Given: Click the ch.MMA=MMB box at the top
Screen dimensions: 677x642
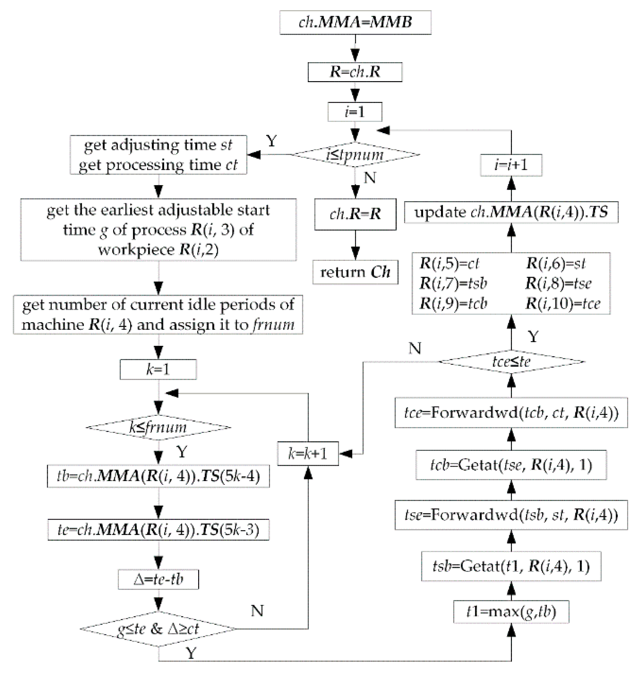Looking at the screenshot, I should tap(355, 22).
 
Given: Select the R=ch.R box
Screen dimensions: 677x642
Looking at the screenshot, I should tap(355, 72).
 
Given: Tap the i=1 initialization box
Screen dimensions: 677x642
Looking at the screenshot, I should tap(355, 112).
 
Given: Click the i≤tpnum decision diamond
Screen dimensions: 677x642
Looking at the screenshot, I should tap(355, 155).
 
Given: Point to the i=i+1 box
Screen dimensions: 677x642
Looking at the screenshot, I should tap(511, 165).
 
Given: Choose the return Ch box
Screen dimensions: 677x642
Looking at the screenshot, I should tap(355, 272).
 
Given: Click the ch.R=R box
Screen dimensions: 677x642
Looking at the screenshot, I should tap(355, 214).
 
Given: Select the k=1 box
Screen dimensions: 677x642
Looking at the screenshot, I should tap(158, 369).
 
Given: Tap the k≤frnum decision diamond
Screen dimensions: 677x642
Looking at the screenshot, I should tap(158, 427).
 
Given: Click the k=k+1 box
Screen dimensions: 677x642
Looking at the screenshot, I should tap(308, 453).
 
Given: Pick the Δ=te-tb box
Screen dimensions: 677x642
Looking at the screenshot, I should tap(158, 579).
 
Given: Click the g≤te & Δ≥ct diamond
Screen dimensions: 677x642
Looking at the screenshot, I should tap(158, 629).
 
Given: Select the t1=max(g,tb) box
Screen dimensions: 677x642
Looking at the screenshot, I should tap(511, 612).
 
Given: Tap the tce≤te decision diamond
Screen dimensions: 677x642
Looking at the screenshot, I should tap(511, 362).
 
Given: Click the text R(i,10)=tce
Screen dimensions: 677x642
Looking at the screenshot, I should tap(563, 303).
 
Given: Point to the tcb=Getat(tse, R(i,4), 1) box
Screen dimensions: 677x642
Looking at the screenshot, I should tap(511, 465).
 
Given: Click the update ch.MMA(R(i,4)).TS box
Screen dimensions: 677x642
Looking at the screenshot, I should tap(511, 212).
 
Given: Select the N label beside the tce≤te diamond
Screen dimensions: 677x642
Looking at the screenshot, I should tap(415, 348).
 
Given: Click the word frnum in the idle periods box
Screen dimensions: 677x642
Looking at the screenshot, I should tap(273, 325).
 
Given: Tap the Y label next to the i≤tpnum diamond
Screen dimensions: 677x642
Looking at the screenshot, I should tap(271, 141).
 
